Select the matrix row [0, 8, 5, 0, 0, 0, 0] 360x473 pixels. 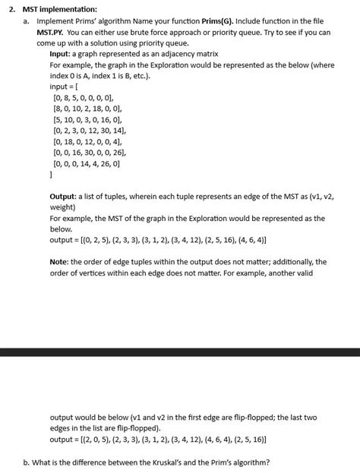click(x=83, y=98)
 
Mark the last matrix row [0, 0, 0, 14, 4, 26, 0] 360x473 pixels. click(x=87, y=162)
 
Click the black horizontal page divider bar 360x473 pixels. click(x=180, y=352)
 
